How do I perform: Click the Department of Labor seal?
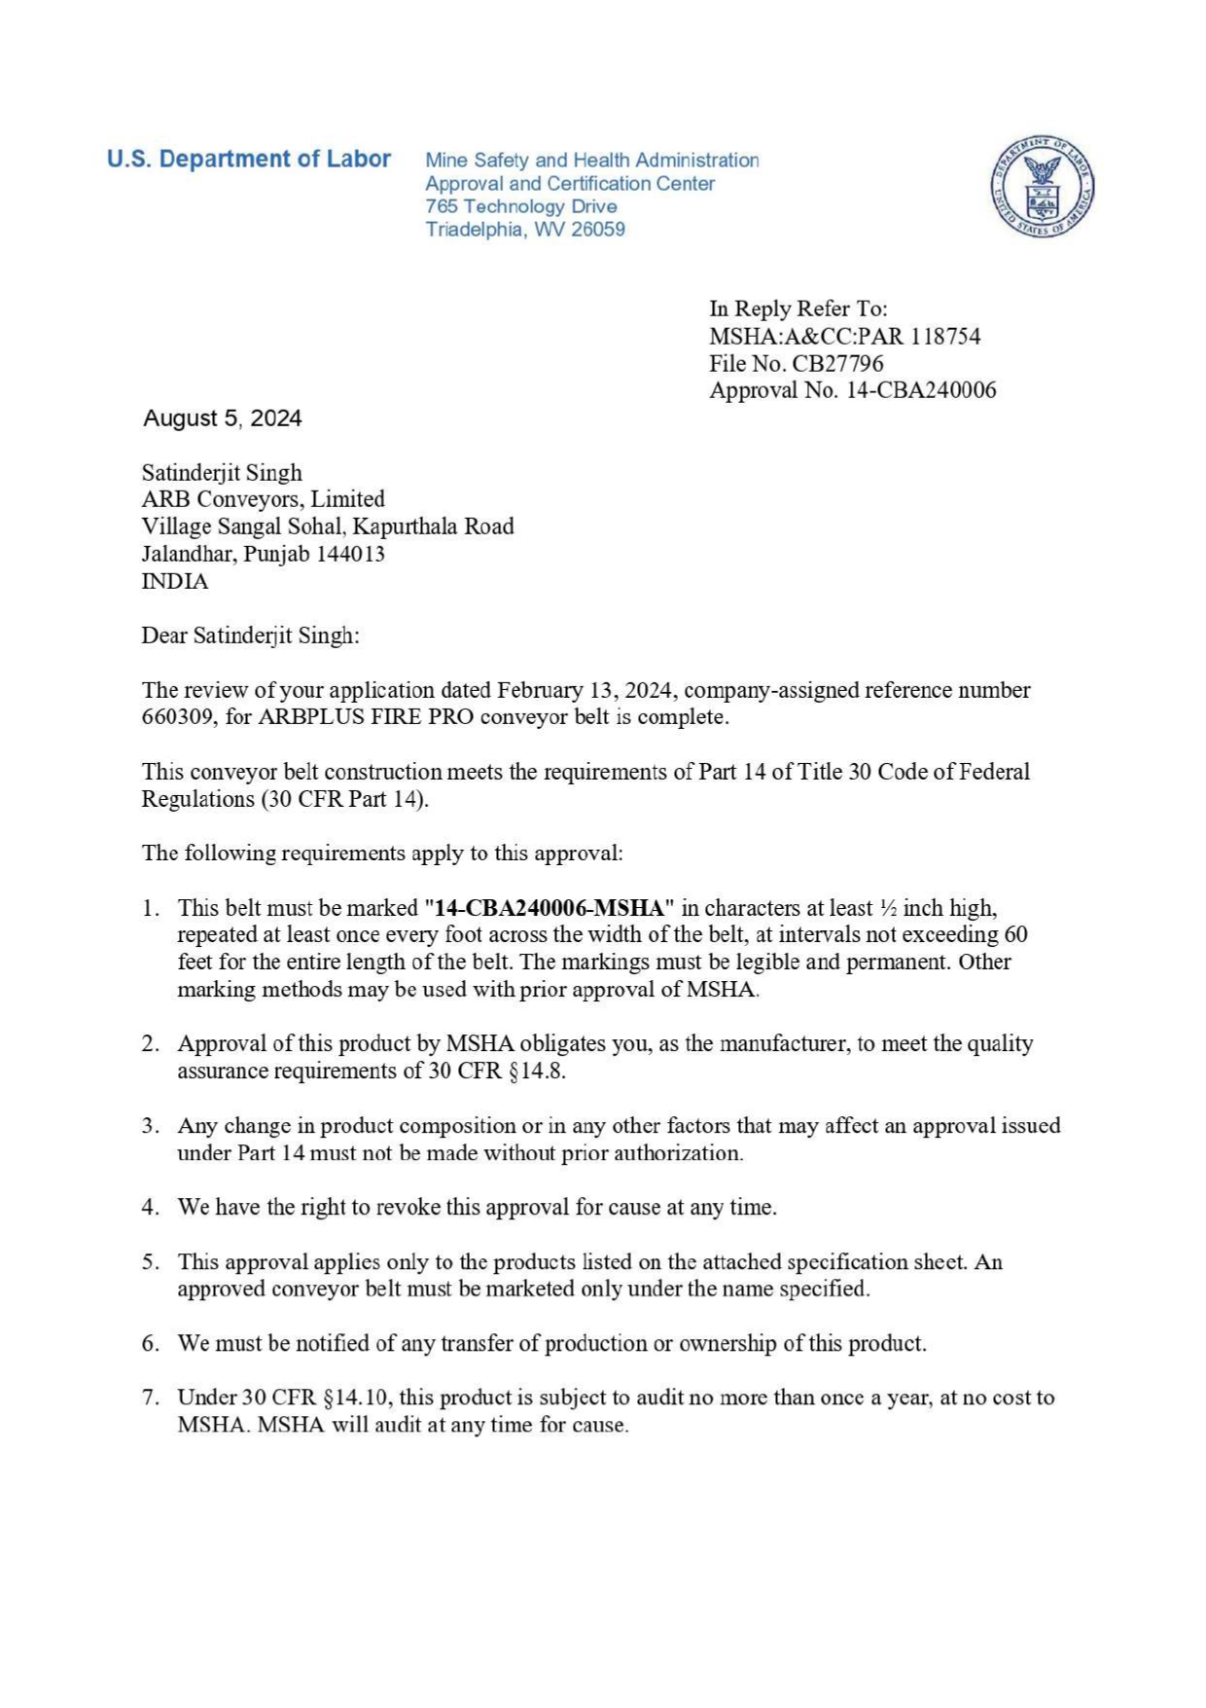(x=1044, y=186)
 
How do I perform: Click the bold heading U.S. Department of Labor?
(x=249, y=159)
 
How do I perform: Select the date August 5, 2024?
(x=223, y=418)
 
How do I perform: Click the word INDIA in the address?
(x=175, y=581)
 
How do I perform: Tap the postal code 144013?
(x=351, y=554)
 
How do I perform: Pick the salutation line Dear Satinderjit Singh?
(x=250, y=636)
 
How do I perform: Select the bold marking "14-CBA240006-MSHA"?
(x=550, y=908)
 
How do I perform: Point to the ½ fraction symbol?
(x=888, y=908)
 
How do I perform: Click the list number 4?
(x=150, y=1208)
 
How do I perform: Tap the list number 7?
(x=150, y=1398)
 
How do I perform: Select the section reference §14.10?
(x=356, y=1398)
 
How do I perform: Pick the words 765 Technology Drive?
(x=520, y=206)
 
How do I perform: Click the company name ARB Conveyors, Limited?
(x=264, y=499)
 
